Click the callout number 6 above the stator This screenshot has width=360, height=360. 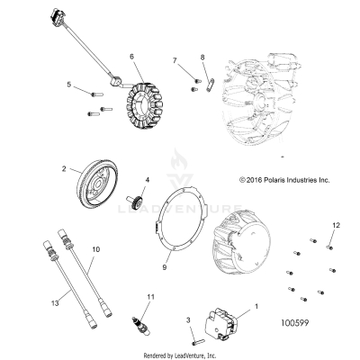[132, 57]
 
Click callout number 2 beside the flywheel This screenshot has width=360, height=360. [64, 168]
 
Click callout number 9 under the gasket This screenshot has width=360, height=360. [165, 267]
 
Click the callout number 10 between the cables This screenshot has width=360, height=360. [96, 247]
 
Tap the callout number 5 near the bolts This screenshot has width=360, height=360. [68, 85]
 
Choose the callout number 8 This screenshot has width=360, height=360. [203, 58]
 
